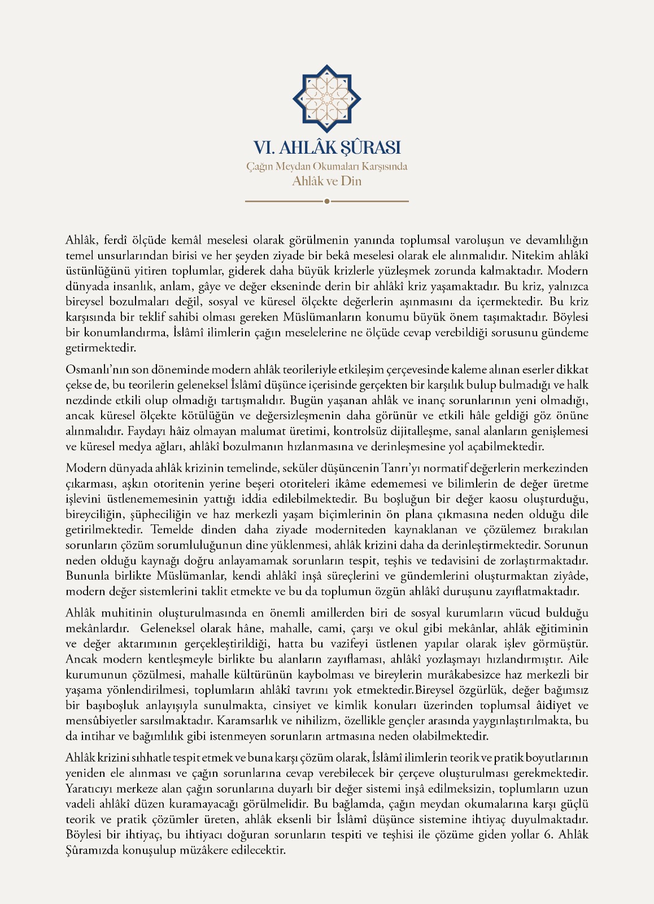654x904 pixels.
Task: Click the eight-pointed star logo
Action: [326, 99]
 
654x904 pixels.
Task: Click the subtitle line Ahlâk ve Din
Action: [326, 181]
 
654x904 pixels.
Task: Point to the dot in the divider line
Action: [326, 201]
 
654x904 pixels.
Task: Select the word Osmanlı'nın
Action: [97, 370]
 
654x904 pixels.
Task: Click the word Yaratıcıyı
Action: [91, 789]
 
